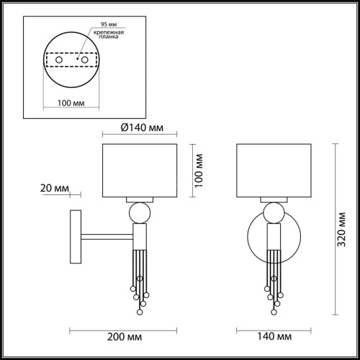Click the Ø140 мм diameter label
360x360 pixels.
pos(140,128)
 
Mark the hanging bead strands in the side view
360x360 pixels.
pos(140,277)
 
